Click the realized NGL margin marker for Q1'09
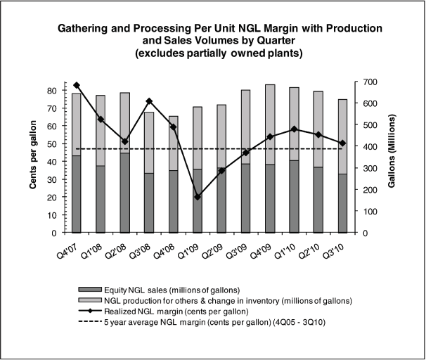(198, 197)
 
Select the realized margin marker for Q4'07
(77, 85)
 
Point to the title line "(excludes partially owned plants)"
(213, 53)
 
